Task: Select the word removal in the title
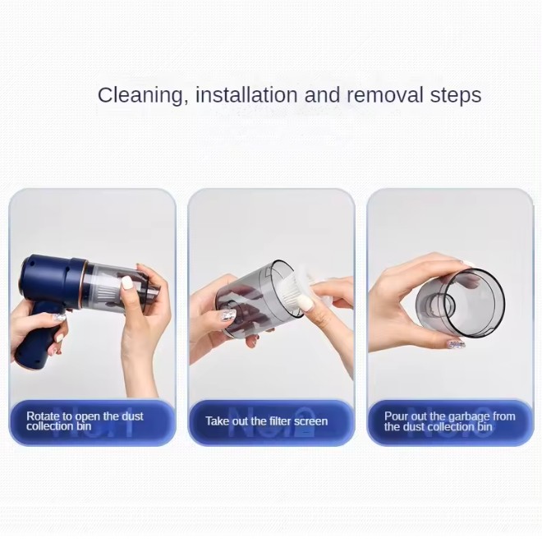(x=385, y=94)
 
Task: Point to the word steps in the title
(x=456, y=96)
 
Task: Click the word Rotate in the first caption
(x=44, y=416)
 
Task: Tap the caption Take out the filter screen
(x=267, y=421)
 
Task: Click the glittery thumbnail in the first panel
(x=59, y=317)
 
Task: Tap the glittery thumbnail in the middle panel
(x=228, y=315)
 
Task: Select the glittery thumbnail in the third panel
(x=457, y=344)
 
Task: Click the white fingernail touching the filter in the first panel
(x=126, y=282)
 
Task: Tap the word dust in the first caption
(x=133, y=416)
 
